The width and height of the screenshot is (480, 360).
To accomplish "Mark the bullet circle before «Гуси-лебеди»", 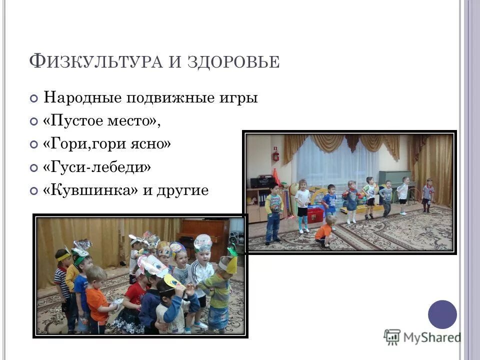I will pyautogui.click(x=33, y=168).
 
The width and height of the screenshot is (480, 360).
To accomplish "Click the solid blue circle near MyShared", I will pyautogui.click(x=442, y=314).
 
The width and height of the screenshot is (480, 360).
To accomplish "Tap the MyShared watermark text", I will pyautogui.click(x=431, y=337).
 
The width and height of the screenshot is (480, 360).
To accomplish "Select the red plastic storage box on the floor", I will pyautogui.click(x=315, y=214).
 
